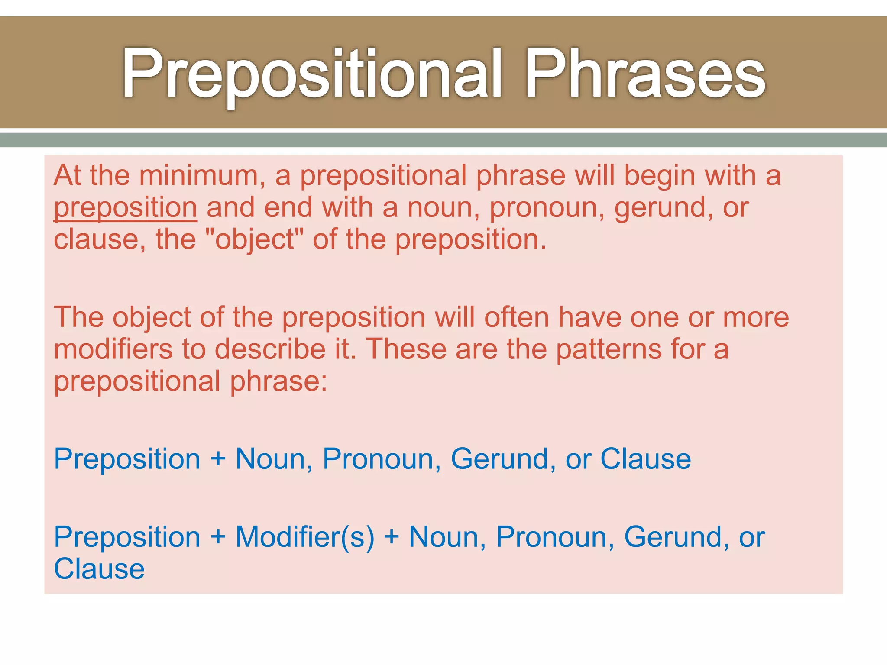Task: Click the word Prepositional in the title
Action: pyautogui.click(x=312, y=74)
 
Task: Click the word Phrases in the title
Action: pyautogui.click(x=645, y=74)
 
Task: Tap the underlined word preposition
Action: pyautogui.click(x=126, y=208)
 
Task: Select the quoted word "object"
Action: pyautogui.click(x=255, y=239)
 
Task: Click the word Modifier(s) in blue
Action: pyautogui.click(x=305, y=537)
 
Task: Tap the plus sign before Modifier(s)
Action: pyautogui.click(x=218, y=537)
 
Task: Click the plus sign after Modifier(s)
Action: pyautogui.click(x=392, y=537)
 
